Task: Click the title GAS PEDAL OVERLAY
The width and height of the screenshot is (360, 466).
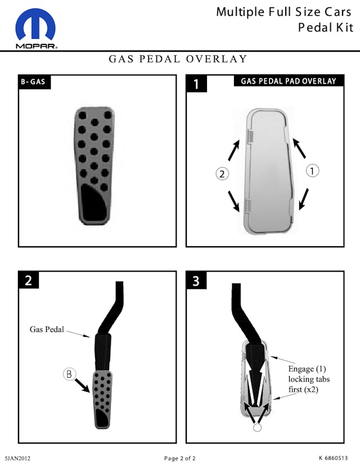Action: (x=178, y=59)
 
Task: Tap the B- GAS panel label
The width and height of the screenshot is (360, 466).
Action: (x=33, y=82)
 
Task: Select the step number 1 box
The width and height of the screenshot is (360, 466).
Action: (x=196, y=84)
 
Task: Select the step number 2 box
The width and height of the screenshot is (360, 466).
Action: (x=29, y=280)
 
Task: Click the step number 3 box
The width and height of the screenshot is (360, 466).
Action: (x=196, y=280)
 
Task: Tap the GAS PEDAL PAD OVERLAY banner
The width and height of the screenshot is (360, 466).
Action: (x=289, y=81)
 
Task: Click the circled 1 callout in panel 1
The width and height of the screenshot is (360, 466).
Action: (x=312, y=171)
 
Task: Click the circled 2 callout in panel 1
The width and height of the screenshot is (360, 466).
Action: (x=222, y=174)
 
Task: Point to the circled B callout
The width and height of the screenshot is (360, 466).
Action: (x=69, y=374)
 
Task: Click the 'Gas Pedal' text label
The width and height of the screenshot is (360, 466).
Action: (x=47, y=329)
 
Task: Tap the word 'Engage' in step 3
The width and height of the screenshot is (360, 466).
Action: (x=301, y=369)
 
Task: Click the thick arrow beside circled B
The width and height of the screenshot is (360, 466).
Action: (x=82, y=386)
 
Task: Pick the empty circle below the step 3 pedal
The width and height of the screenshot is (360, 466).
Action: (x=257, y=427)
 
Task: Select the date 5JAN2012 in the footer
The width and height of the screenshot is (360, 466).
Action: (x=17, y=458)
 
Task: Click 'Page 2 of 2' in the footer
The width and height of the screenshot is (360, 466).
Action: (x=180, y=458)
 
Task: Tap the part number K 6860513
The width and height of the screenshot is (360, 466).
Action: (x=333, y=458)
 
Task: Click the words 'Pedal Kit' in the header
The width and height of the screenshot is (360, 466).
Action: (x=326, y=28)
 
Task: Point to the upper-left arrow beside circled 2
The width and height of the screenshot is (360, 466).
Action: (x=233, y=151)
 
